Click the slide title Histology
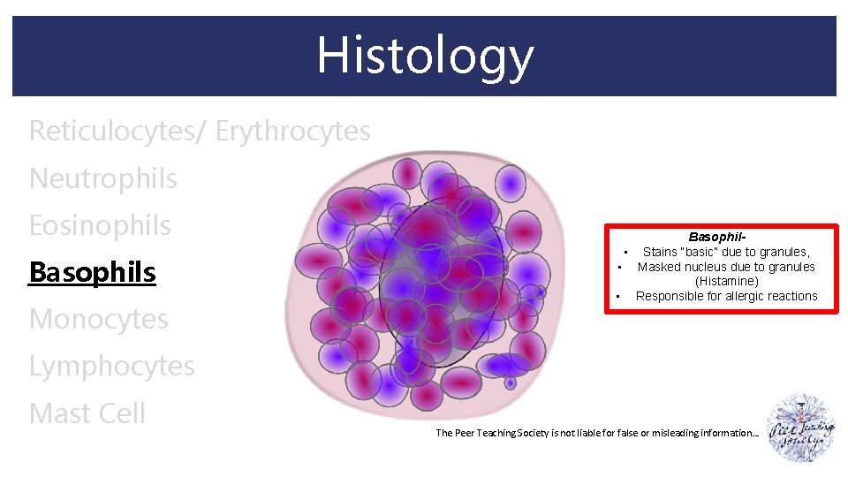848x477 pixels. click(x=425, y=55)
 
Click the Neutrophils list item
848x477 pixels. click(x=102, y=178)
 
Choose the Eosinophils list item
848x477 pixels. click(x=100, y=225)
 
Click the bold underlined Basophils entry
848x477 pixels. click(x=92, y=272)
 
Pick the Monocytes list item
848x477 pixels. click(x=98, y=319)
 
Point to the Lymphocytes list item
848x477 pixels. click(x=111, y=366)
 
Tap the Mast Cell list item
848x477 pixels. click(x=87, y=413)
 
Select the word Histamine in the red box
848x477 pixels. click(x=727, y=281)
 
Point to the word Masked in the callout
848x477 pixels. click(x=658, y=267)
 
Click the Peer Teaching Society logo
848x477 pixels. click(x=801, y=428)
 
